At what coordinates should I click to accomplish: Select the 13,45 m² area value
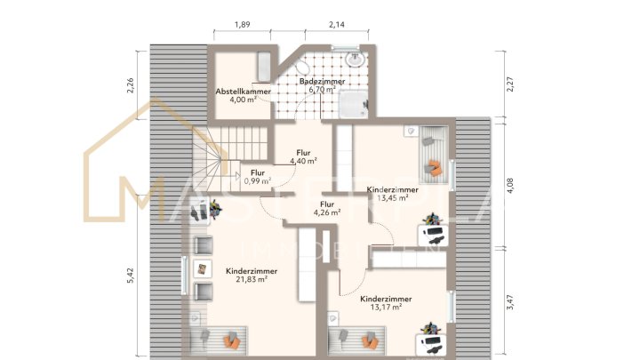(392, 198)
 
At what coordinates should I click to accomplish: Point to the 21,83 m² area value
(252, 278)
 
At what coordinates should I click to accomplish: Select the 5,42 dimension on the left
(130, 276)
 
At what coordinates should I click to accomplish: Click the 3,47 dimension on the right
(509, 303)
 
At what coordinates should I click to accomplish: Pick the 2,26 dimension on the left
(130, 86)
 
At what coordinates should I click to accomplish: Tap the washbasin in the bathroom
(356, 60)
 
